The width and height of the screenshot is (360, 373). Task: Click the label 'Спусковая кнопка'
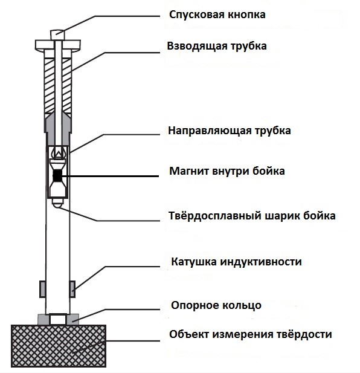(218, 13)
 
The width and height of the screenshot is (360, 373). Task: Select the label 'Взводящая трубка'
(217, 45)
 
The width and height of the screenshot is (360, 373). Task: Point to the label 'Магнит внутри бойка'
(227, 171)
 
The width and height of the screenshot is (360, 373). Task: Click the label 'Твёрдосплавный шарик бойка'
(252, 216)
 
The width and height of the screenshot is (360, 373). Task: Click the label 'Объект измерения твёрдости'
(251, 334)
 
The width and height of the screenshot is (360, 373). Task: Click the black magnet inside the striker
(58, 176)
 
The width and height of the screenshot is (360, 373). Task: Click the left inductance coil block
(43, 288)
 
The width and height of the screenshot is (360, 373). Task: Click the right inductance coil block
(73, 288)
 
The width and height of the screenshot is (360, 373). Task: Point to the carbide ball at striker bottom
(58, 205)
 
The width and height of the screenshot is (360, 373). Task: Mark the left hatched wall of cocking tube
(48, 82)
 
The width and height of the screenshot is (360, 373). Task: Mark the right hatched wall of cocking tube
(68, 82)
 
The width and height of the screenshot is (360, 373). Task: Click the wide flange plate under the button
(59, 45)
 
